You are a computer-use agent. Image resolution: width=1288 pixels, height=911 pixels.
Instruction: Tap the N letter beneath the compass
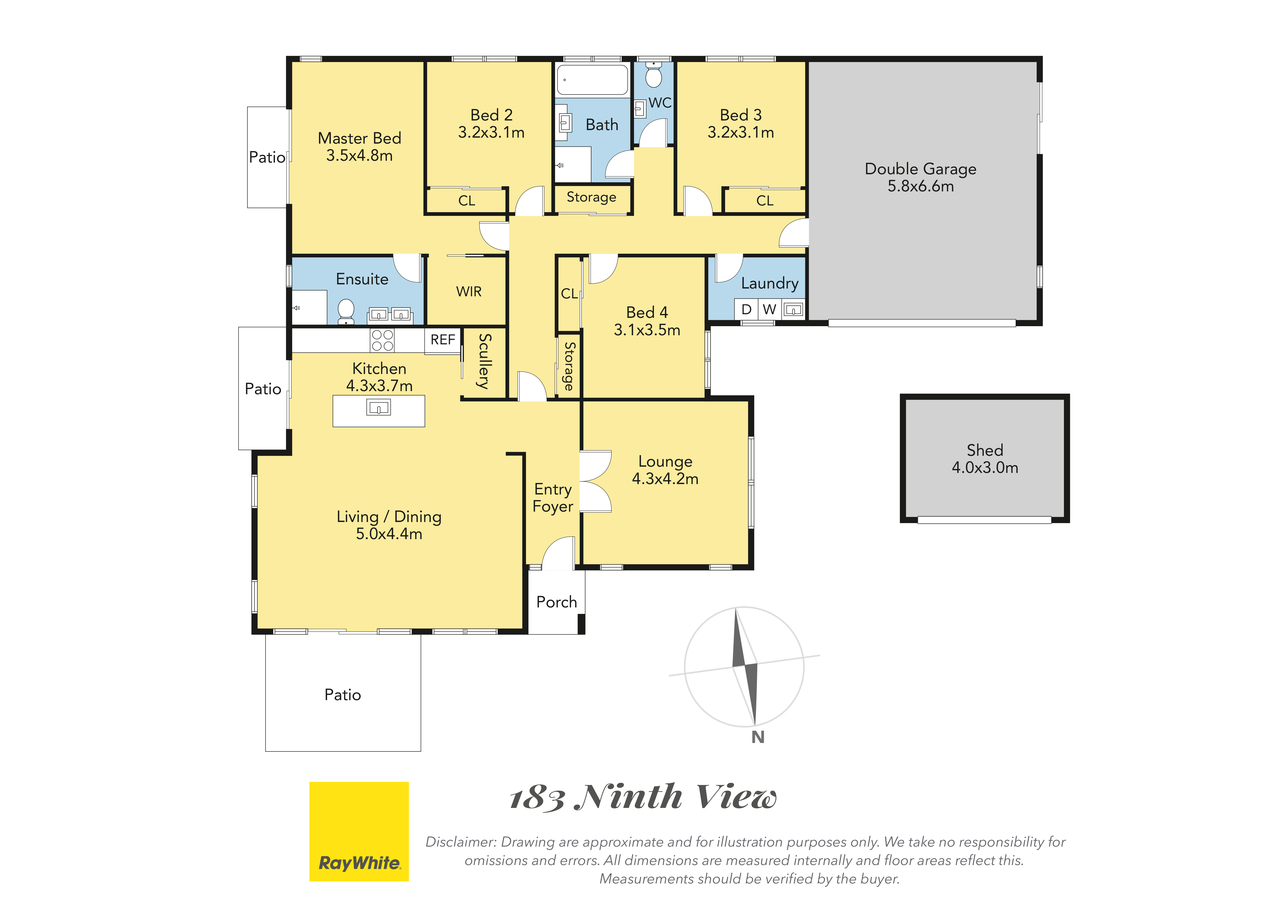pos(758,737)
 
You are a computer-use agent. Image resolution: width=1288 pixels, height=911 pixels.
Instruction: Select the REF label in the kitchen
pos(443,340)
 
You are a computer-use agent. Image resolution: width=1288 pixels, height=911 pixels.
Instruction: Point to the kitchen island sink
pos(379,407)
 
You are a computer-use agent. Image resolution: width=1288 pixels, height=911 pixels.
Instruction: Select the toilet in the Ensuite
pos(346,311)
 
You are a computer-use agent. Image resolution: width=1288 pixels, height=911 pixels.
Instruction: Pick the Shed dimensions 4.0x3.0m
pos(985,468)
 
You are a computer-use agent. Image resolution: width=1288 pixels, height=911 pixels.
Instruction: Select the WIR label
pos(469,292)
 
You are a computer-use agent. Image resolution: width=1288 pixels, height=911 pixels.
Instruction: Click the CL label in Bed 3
pos(765,201)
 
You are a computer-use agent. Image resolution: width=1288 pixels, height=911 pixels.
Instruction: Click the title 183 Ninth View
pos(643,797)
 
